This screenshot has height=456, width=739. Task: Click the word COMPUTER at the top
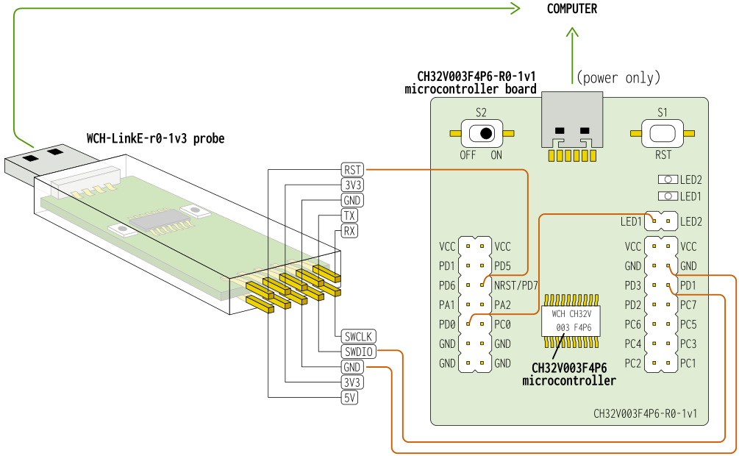click(x=572, y=9)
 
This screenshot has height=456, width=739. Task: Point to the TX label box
click(x=350, y=215)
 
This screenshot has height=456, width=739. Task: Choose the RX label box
click(x=350, y=231)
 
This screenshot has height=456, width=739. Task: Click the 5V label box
click(x=350, y=397)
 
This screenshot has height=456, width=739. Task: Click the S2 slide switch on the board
click(x=482, y=133)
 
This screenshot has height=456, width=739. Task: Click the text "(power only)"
click(x=618, y=77)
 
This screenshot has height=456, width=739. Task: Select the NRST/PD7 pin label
click(x=517, y=285)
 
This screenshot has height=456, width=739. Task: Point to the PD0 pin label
click(x=447, y=324)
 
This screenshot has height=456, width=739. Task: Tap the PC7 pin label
click(x=688, y=304)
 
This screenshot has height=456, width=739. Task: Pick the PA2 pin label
click(x=503, y=304)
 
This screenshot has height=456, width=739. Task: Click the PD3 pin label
click(x=633, y=285)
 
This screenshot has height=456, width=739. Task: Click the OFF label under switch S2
click(x=468, y=155)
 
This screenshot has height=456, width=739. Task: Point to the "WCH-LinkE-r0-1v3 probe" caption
click(x=156, y=138)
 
